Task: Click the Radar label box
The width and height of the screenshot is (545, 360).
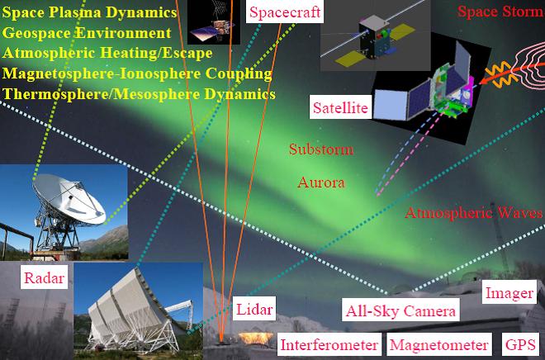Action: pyautogui.click(x=44, y=277)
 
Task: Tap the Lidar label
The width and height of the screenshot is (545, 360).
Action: pyautogui.click(x=254, y=309)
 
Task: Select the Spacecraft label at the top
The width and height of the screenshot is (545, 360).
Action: pyautogui.click(x=285, y=12)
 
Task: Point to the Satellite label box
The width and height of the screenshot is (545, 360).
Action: pyautogui.click(x=340, y=107)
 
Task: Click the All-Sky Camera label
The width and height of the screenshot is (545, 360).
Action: pyautogui.click(x=400, y=310)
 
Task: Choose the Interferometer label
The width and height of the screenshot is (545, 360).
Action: pyautogui.click(x=329, y=344)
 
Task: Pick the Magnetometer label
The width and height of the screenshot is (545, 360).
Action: pyautogui.click(x=439, y=344)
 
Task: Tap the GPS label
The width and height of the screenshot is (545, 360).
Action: pyautogui.click(x=520, y=344)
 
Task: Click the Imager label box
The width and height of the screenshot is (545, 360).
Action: pyautogui.click(x=509, y=292)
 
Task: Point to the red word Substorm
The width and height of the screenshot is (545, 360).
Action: pyautogui.click(x=321, y=149)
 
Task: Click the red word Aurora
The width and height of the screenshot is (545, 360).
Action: pyautogui.click(x=321, y=182)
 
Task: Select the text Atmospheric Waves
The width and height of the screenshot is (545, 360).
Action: pyautogui.click(x=474, y=212)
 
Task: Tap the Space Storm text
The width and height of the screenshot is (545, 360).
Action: pyautogui.click(x=500, y=12)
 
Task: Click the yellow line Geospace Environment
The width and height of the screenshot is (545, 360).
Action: pyautogui.click(x=87, y=33)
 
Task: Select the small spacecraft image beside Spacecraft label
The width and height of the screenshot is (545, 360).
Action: pyautogui.click(x=214, y=22)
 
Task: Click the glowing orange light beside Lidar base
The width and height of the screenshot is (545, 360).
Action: pyautogui.click(x=255, y=338)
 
